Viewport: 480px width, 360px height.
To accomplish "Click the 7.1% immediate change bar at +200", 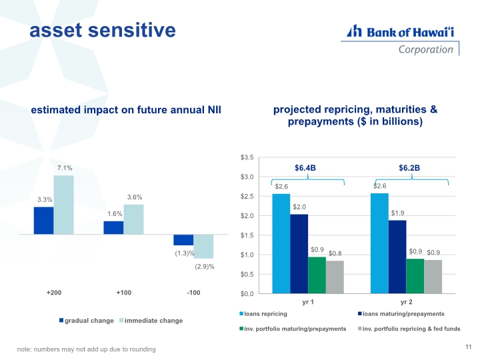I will tap(63, 205).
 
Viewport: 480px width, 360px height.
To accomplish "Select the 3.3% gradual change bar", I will tap(43, 220).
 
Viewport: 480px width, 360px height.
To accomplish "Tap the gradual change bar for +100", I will tap(113, 227).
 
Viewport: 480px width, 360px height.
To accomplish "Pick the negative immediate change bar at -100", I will tap(203, 246).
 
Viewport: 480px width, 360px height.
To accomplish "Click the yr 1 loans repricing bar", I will tap(281, 243).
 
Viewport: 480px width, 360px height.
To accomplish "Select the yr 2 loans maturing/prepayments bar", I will tap(397, 257).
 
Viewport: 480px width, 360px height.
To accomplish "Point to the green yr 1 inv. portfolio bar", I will tap(317, 275).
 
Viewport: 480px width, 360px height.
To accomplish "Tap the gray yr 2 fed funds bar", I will tap(433, 277).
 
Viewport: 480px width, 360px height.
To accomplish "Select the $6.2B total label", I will tap(409, 167).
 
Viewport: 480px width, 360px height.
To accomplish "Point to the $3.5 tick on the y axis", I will tap(247, 157).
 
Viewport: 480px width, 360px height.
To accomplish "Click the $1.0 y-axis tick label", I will tap(247, 255).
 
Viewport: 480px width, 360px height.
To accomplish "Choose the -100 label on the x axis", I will tap(193, 293).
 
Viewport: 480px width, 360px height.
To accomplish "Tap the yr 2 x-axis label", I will tap(406, 302).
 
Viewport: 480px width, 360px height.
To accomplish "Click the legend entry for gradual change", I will tap(87, 321).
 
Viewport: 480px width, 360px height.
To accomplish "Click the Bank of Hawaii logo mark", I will tap(355, 31).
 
